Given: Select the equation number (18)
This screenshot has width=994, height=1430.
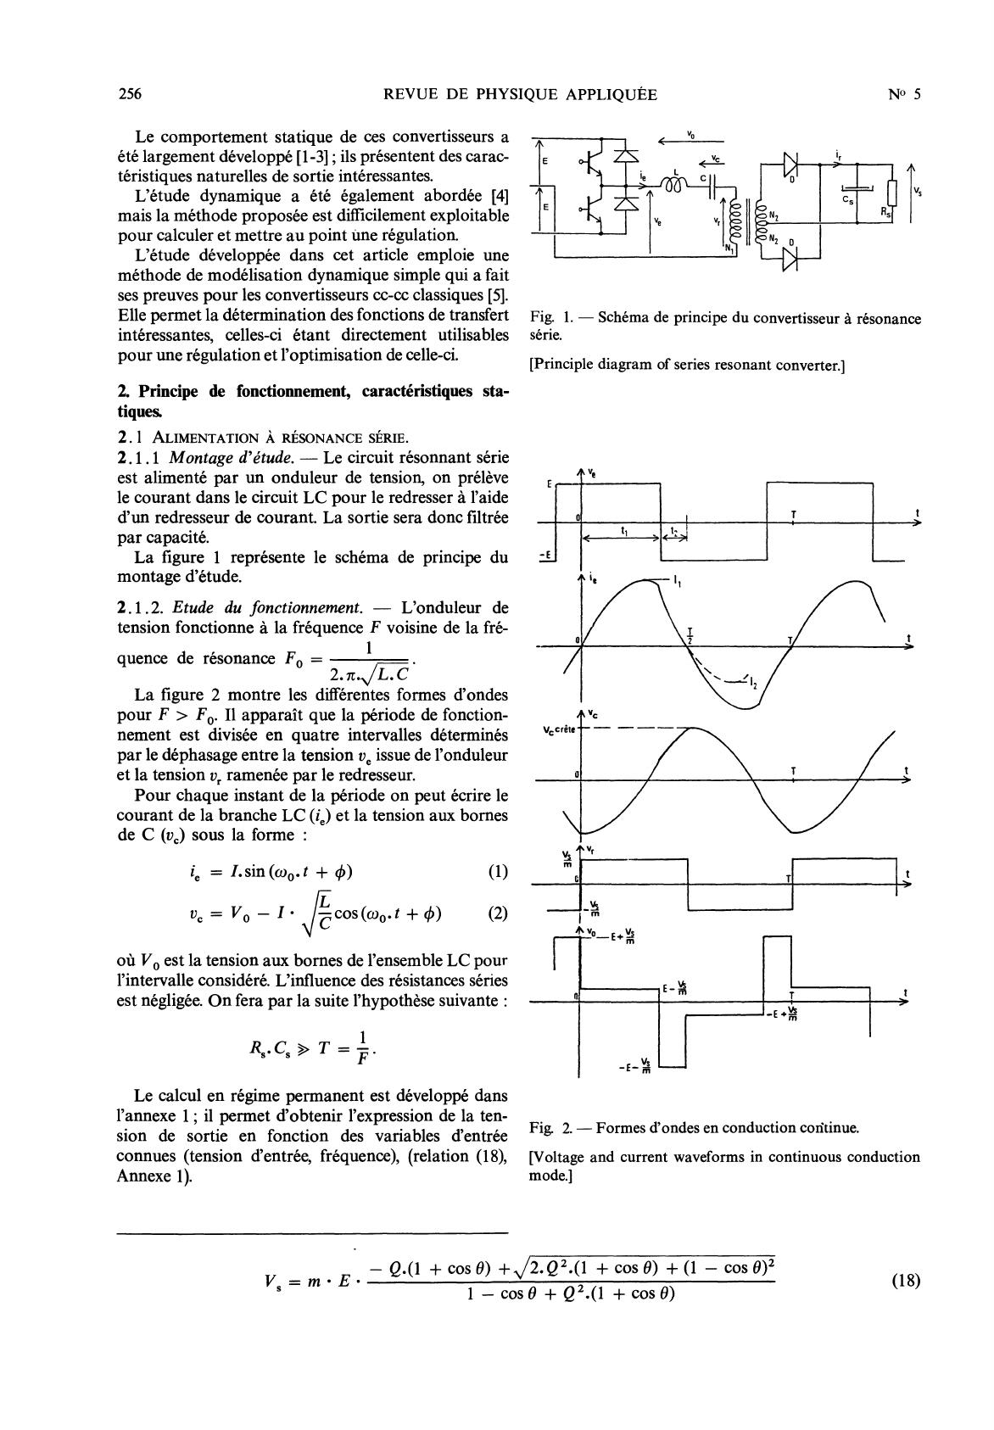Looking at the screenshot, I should point(906,1281).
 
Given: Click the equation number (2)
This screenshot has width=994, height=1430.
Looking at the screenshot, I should point(498,913).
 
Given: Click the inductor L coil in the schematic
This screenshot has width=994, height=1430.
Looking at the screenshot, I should point(678,185).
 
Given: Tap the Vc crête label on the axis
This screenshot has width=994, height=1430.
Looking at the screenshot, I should point(558,729).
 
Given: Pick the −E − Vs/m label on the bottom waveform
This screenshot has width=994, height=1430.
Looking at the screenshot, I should point(636,1064).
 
